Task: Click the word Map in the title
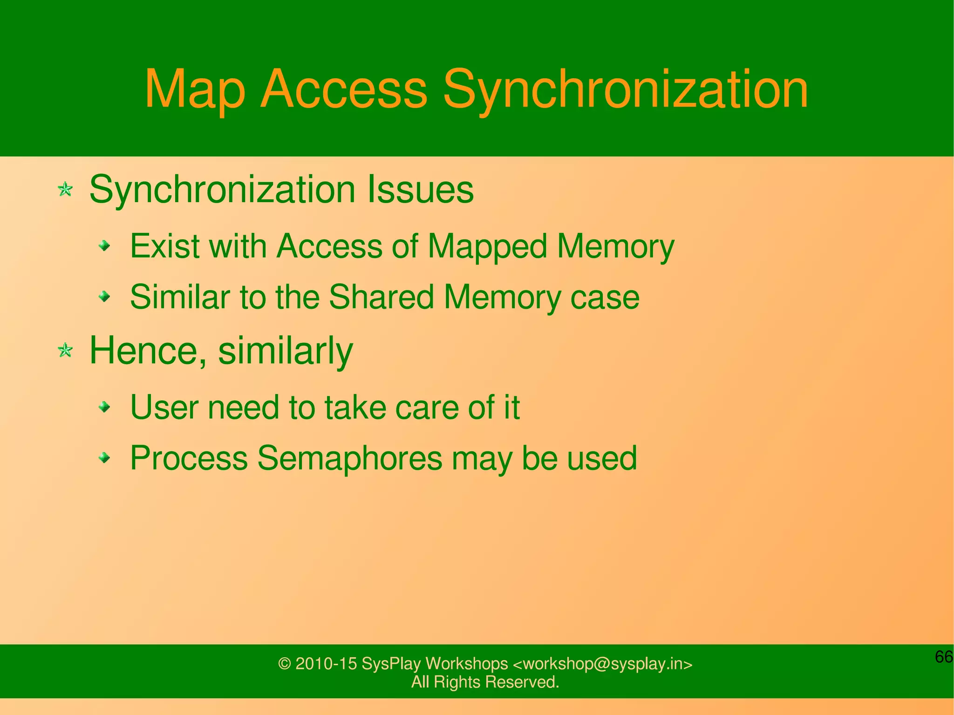[x=195, y=89]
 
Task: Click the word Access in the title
[x=344, y=89]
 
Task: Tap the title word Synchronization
[x=625, y=89]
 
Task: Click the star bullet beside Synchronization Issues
[x=65, y=190]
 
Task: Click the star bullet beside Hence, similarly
[x=65, y=350]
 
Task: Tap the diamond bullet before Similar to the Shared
[x=105, y=296]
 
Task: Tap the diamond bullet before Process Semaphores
[x=105, y=458]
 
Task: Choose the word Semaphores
[x=349, y=458]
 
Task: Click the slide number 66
[x=944, y=657]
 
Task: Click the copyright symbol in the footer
[x=284, y=664]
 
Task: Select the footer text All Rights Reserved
[x=485, y=682]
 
